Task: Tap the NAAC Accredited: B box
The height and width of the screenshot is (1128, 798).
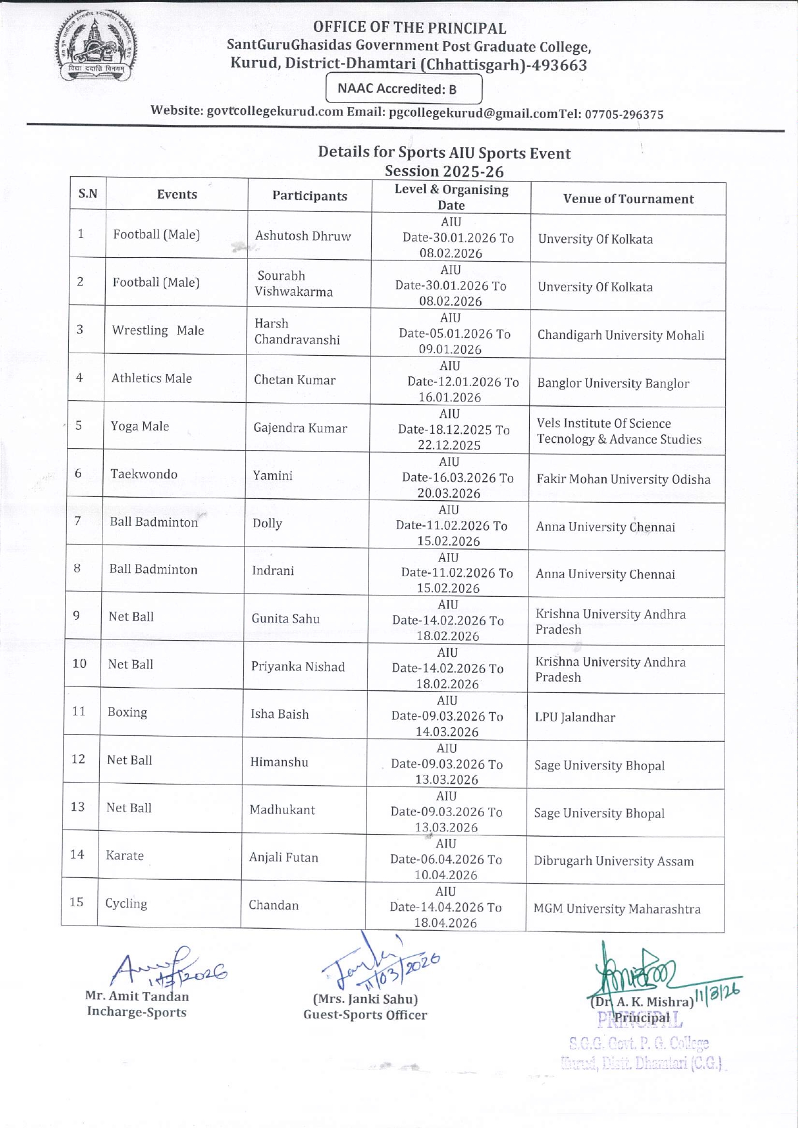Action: coord(404,89)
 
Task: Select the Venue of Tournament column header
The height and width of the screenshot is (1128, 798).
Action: coord(628,199)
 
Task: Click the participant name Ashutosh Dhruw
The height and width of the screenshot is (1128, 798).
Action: coord(303,236)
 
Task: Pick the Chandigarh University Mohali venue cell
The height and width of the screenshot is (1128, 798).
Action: coord(621,335)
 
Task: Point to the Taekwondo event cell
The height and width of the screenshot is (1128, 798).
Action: coord(144,474)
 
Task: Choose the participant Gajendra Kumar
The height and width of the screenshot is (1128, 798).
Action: coord(300,428)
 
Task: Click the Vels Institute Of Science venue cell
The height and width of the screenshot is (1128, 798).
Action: coord(619,431)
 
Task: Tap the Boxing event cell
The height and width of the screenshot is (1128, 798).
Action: coord(128,712)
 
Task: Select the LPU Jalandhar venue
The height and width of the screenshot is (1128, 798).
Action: coord(575,717)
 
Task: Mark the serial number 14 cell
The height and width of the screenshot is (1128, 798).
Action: coord(77,855)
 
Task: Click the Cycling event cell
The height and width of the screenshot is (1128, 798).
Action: coord(126,903)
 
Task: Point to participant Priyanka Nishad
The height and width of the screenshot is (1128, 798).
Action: coord(298,666)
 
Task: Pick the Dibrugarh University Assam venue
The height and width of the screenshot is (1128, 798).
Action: coord(614,861)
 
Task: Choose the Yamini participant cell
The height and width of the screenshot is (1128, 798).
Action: coord(273,476)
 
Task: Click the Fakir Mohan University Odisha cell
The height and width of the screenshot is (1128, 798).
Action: coord(623,480)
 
